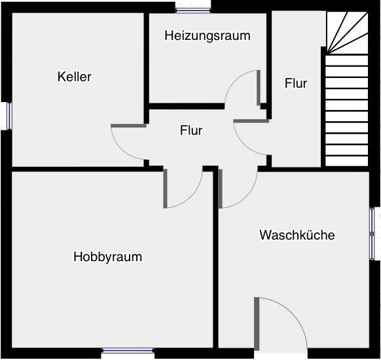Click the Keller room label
[75, 77]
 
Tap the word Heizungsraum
[208, 35]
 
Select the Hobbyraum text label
[107, 257]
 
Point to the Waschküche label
[297, 235]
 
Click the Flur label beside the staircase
[296, 83]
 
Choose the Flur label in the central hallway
[191, 130]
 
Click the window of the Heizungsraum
[193, 10]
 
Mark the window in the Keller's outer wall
[9, 116]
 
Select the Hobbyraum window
[128, 350]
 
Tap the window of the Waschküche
[372, 234]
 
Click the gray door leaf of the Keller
[128, 126]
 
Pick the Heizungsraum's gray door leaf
[259, 88]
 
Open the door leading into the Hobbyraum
[165, 189]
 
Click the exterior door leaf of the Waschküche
[257, 323]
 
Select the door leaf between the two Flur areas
[251, 121]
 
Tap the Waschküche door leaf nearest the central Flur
[220, 189]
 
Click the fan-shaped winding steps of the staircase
[347, 33]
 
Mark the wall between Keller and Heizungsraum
[146, 68]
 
